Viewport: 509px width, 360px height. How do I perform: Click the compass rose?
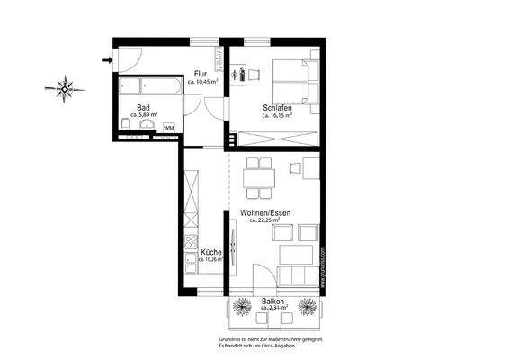pos(67,88)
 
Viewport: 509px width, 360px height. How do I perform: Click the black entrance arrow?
pos(107,60)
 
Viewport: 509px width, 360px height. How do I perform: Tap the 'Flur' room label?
pos(201,74)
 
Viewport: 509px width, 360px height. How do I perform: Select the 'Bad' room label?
pos(143,106)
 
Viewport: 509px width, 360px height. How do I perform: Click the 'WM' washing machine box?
pos(168,129)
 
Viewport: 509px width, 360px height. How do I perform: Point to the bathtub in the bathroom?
pos(147,88)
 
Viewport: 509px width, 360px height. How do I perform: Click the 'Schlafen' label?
pos(276,106)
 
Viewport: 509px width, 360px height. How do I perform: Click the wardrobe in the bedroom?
pos(276,139)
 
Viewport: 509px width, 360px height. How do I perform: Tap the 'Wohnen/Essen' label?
pos(265,213)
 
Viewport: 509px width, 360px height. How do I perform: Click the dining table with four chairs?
pos(261,177)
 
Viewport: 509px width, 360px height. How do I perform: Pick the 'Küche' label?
pos(210,253)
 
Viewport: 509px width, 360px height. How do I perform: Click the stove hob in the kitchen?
pos(192,243)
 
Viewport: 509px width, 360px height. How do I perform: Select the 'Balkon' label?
pos(273,301)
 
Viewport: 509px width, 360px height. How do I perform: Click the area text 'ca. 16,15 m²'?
pos(278,115)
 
